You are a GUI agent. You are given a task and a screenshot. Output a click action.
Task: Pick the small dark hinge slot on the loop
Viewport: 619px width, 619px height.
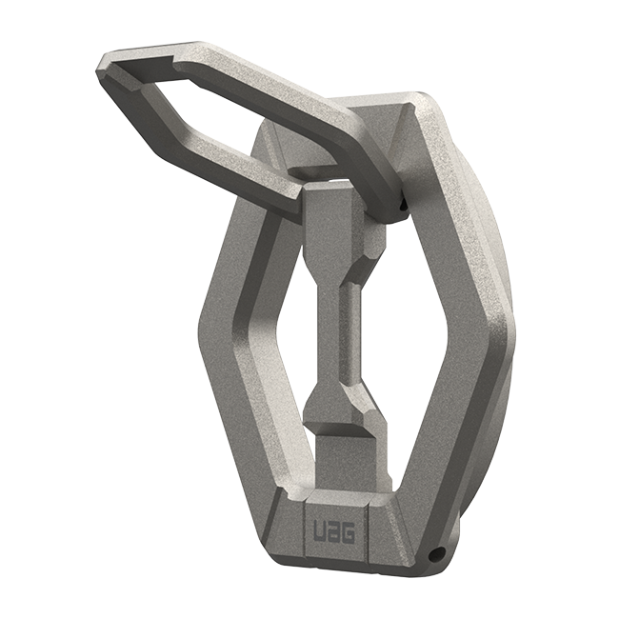click(x=404, y=202)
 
